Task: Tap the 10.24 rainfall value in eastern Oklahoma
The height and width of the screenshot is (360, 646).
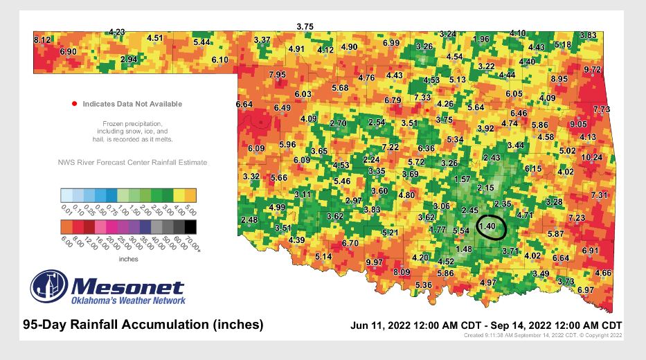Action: [x=591, y=157]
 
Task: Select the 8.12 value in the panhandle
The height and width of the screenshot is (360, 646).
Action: [x=43, y=41]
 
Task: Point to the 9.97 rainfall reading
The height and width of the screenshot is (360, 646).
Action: [x=375, y=262]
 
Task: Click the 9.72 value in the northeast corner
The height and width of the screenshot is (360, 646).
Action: [x=592, y=70]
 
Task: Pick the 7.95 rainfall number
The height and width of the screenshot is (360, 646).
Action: [x=278, y=74]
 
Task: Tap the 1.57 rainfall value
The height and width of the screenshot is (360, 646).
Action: [x=462, y=179]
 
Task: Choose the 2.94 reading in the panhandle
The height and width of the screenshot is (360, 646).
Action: [x=128, y=60]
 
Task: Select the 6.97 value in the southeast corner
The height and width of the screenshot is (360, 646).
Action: [x=586, y=289]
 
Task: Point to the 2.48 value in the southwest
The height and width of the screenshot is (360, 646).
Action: [x=249, y=219]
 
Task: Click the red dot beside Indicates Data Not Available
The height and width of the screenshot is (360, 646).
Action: [x=74, y=104]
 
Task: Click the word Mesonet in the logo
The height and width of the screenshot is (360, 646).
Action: [x=128, y=287]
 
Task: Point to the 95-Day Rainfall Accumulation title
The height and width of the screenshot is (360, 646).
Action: [x=143, y=324]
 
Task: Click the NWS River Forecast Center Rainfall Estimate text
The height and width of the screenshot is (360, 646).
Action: [x=132, y=163]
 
